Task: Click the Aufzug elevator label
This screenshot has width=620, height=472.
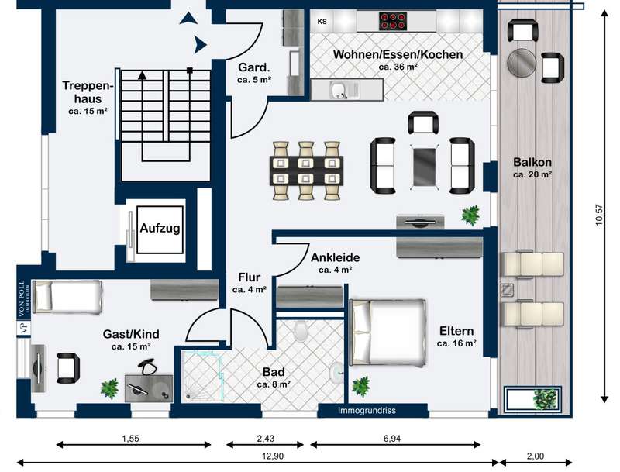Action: click(x=160, y=228)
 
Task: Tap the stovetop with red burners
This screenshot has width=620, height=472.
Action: click(x=393, y=21)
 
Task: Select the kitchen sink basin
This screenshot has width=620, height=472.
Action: click(x=338, y=90)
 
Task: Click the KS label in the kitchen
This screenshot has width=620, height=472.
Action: click(x=322, y=22)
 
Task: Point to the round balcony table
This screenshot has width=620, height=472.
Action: click(x=522, y=63)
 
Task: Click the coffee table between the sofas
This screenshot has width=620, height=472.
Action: click(x=424, y=166)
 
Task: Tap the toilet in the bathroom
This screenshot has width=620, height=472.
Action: click(x=301, y=332)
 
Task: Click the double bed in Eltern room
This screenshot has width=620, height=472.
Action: click(x=388, y=332)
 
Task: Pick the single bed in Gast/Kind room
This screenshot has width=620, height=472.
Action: click(x=67, y=297)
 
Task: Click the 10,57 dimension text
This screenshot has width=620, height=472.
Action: click(x=599, y=215)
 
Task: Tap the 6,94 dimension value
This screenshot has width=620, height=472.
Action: click(x=392, y=439)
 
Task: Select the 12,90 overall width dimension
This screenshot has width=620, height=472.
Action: click(x=273, y=456)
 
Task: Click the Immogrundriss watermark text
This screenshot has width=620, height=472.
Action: click(x=367, y=410)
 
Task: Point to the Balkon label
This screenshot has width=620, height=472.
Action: click(x=532, y=162)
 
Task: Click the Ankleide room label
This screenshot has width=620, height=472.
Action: click(x=336, y=258)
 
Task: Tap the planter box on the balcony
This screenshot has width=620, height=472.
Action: click(x=532, y=399)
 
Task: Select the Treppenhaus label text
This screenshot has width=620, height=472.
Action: click(x=88, y=92)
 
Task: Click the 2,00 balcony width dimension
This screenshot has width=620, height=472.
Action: click(x=536, y=456)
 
